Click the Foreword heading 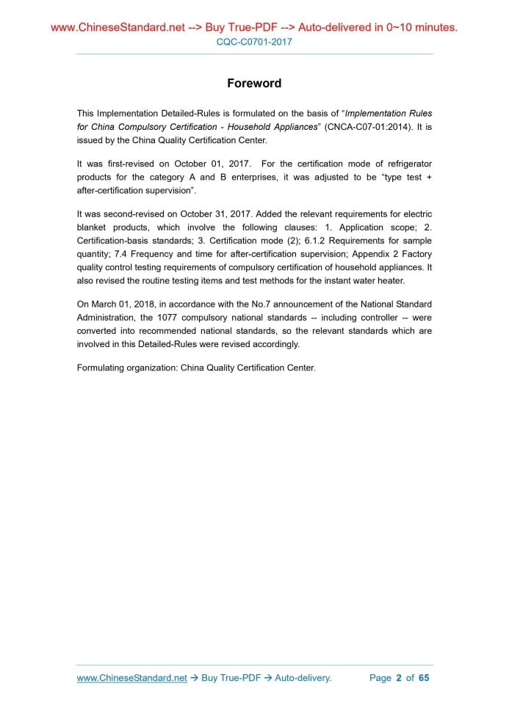(254, 83)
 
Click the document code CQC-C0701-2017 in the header (254, 42)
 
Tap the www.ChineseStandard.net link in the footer (132, 678)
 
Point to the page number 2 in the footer (399, 678)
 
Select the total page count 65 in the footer (424, 678)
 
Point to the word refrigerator (406, 163)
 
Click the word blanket (92, 227)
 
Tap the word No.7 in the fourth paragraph (284, 304)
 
